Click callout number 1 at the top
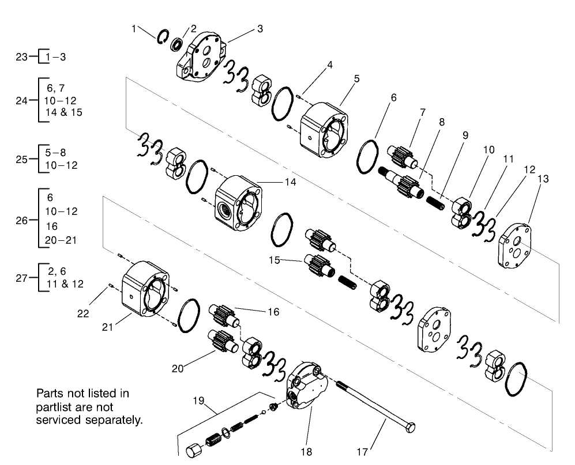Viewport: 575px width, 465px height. (134, 28)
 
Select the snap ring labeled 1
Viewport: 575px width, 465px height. (162, 36)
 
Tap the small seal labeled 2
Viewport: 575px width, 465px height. (178, 43)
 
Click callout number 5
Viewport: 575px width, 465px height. (356, 78)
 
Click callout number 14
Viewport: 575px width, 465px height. (290, 182)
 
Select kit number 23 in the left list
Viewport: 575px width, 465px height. (21, 56)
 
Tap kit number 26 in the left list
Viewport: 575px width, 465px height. (21, 220)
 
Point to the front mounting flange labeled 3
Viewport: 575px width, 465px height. (202, 61)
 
